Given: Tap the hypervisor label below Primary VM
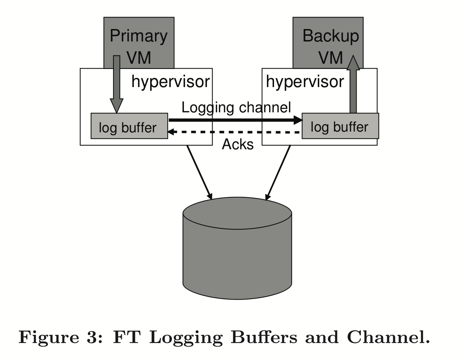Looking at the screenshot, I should tap(170, 82).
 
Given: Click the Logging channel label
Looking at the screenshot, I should tap(236, 107).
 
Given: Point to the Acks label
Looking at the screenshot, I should tap(237, 144).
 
